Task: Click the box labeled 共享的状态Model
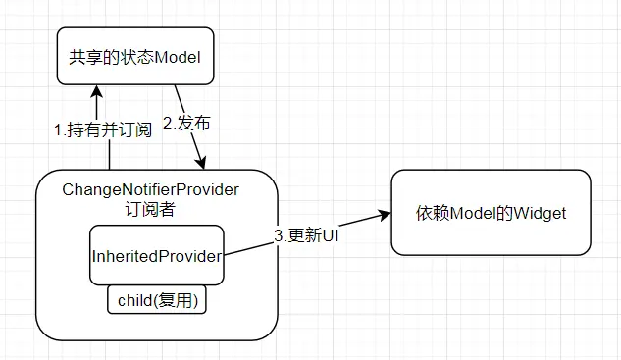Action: (134, 58)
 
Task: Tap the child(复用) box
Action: (157, 301)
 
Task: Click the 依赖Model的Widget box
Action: (491, 213)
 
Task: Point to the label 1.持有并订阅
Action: (103, 129)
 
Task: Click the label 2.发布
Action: (186, 124)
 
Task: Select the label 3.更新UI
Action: (307, 235)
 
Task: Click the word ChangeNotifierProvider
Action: (150, 188)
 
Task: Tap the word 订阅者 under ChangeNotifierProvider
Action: (150, 208)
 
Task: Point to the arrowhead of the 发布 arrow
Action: (203, 162)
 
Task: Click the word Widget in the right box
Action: (540, 213)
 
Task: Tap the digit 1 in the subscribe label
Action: (57, 129)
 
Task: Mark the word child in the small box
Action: (135, 301)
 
